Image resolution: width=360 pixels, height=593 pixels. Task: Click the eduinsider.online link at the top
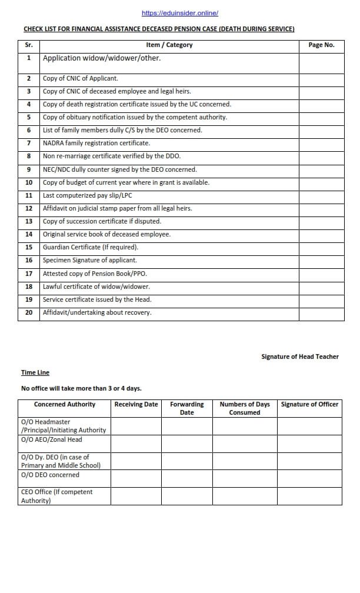point(180,13)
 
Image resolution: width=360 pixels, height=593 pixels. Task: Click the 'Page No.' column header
point(321,45)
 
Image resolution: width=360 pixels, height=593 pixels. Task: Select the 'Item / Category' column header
point(169,45)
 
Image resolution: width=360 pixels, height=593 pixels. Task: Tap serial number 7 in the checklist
point(29,143)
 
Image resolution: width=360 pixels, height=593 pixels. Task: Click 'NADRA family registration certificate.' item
point(96,143)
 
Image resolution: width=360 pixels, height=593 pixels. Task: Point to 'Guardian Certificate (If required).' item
point(91,247)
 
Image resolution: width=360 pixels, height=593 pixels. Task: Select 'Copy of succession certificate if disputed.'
point(102,221)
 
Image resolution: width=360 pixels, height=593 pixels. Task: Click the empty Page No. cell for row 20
point(321,312)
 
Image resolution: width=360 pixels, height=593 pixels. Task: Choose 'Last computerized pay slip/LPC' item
point(87,195)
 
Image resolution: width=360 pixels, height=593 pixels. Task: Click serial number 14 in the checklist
point(29,234)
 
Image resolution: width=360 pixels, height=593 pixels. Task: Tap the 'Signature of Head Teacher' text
point(300,357)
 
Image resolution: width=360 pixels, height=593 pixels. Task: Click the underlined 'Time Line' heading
point(35,372)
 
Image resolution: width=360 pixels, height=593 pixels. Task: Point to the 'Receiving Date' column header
point(136,404)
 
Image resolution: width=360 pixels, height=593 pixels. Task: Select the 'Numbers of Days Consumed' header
point(245,408)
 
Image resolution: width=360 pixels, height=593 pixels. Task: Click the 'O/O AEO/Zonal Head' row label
point(52,439)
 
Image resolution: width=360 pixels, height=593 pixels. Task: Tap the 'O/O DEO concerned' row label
point(50,475)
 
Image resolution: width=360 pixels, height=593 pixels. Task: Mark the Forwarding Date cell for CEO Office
point(186,496)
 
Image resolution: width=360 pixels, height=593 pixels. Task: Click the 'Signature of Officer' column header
point(309,404)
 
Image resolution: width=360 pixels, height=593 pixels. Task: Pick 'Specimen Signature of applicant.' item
point(89,260)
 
